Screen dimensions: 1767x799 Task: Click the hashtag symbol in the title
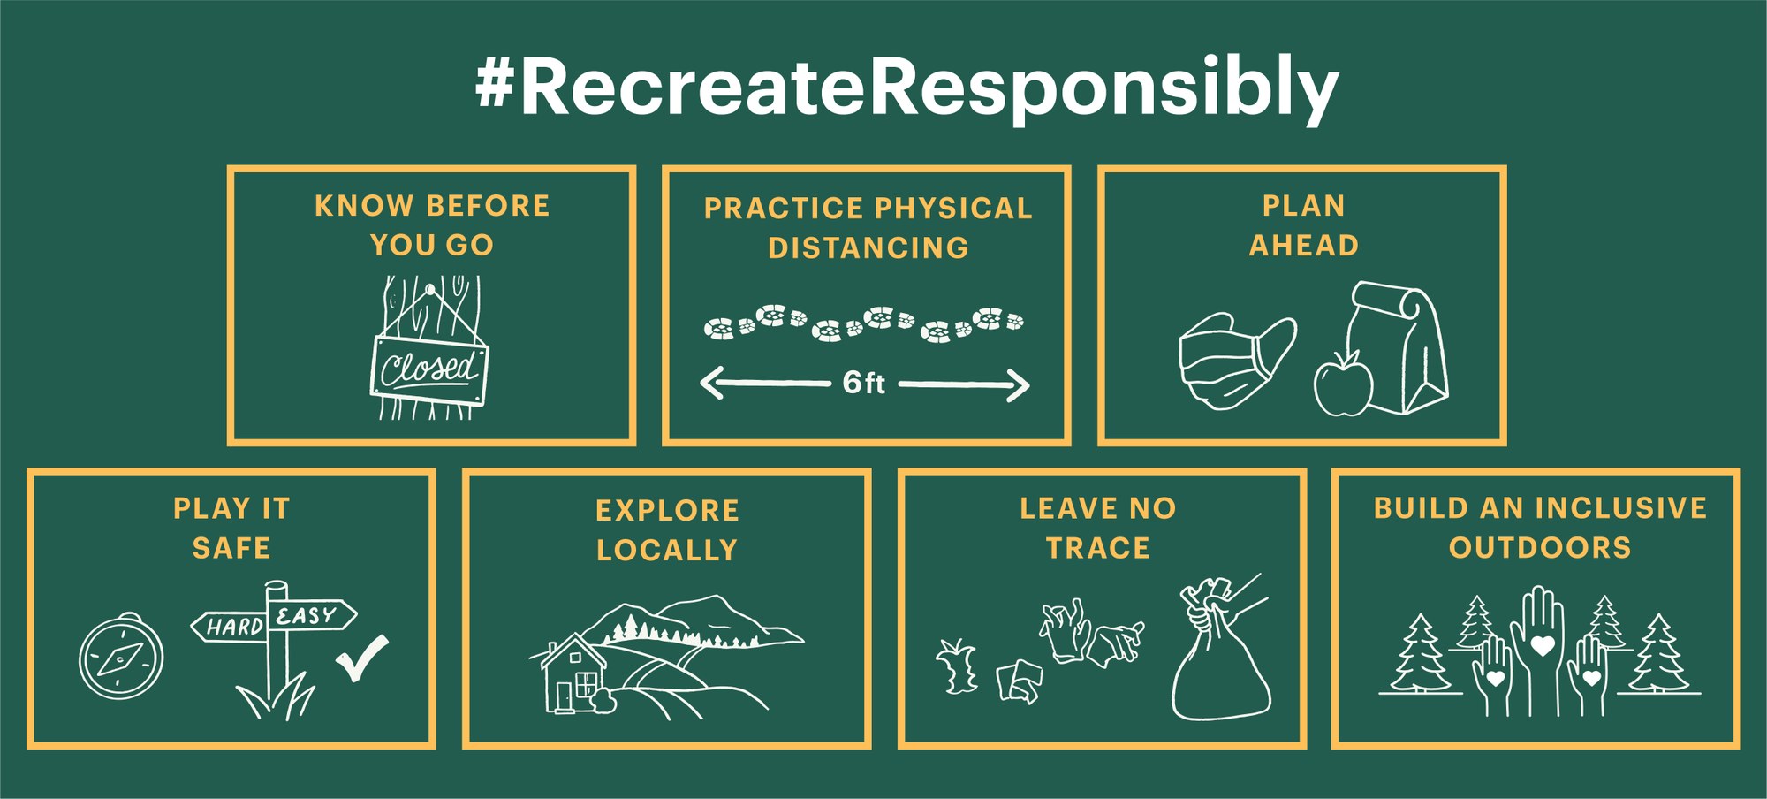pyautogui.click(x=495, y=85)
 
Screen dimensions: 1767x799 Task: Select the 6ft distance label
pyautogui.click(x=863, y=383)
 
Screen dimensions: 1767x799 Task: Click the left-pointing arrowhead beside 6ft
pyautogui.click(x=712, y=383)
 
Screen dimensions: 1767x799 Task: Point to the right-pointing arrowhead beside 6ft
pyautogui.click(x=1018, y=385)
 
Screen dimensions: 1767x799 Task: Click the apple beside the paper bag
pyautogui.click(x=1343, y=384)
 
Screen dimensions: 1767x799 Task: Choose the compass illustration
pyautogui.click(x=121, y=657)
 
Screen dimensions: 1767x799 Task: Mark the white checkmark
pyautogui.click(x=362, y=658)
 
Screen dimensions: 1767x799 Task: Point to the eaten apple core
pyautogui.click(x=958, y=666)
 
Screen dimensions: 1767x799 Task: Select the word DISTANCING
pyautogui.click(x=868, y=247)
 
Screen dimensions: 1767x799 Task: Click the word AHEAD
pyautogui.click(x=1304, y=245)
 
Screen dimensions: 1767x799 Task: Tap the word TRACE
pyautogui.click(x=1098, y=548)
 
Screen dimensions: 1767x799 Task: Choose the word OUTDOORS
pyautogui.click(x=1540, y=547)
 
